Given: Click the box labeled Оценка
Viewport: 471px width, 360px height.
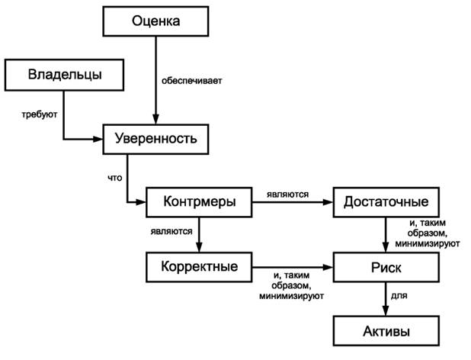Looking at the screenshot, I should point(156,21).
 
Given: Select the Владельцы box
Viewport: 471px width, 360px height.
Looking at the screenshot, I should point(65,75).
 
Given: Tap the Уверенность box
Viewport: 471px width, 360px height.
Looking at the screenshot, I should point(155,139).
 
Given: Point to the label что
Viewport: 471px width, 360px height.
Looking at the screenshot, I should point(115,178).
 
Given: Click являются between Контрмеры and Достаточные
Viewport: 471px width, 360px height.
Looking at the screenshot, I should point(287,194).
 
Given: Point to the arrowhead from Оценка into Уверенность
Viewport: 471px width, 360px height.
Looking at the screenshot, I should point(156,119).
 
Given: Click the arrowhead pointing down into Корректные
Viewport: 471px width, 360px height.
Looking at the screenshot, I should point(199,248).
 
